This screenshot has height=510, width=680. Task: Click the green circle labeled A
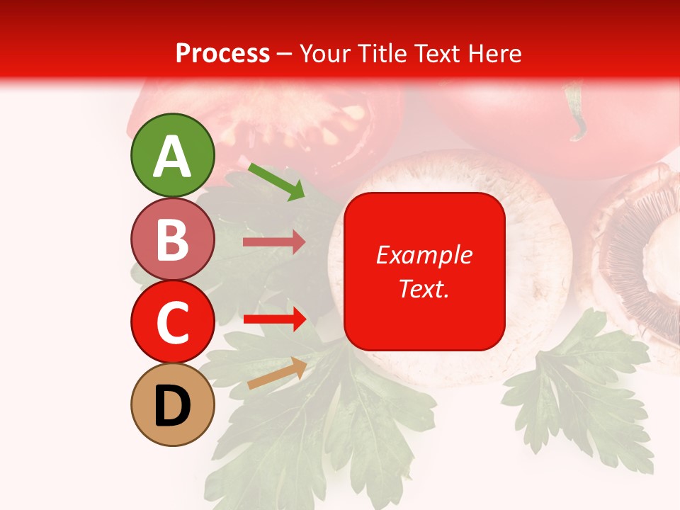tap(172, 155)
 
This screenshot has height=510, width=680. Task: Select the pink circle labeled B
tap(172, 239)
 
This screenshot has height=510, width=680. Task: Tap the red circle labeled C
tap(172, 322)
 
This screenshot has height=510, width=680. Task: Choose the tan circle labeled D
tap(172, 405)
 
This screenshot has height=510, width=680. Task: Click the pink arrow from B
tap(273, 242)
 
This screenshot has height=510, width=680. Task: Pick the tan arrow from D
tap(276, 373)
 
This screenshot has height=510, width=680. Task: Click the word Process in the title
tap(222, 53)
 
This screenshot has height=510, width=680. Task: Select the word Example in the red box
tap(424, 255)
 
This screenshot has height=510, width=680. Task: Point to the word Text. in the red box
tap(424, 288)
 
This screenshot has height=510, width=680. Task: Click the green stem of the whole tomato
tap(575, 110)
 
